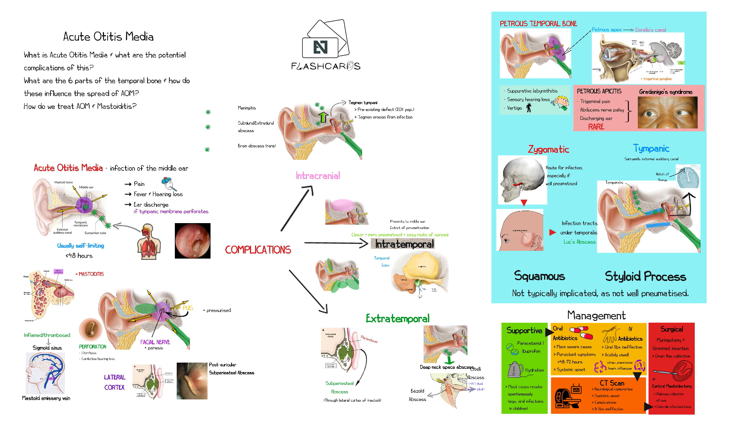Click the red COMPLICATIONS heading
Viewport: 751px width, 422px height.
[x=258, y=250]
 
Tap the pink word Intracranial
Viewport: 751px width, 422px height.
[x=318, y=176]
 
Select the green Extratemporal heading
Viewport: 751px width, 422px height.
[x=397, y=319]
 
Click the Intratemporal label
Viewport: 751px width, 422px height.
[x=404, y=244]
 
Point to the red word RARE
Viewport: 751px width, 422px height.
[x=596, y=127]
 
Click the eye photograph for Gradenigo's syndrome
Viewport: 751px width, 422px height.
[x=667, y=112]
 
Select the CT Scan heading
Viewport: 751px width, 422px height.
[x=612, y=383]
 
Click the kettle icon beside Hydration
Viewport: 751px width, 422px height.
[x=515, y=369]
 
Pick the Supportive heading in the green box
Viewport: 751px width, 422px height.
[x=524, y=331]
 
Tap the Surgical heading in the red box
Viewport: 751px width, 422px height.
[x=672, y=329]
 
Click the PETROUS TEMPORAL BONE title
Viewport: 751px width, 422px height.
[x=538, y=24]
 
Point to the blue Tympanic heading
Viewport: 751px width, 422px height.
[x=651, y=148]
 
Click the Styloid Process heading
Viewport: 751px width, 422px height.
[x=645, y=277]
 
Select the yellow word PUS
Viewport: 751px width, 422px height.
[x=188, y=308]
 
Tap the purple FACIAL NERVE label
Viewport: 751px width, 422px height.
[x=155, y=342]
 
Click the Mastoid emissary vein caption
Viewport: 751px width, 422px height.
[x=46, y=398]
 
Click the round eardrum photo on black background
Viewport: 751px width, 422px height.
[x=192, y=241]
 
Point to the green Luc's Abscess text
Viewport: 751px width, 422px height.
[x=579, y=242]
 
